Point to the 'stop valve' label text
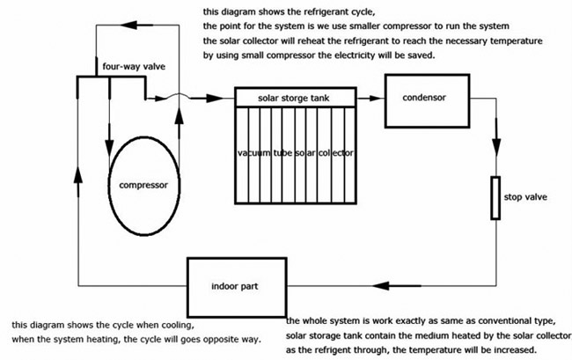click(x=532, y=197)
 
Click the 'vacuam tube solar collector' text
click(x=296, y=152)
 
